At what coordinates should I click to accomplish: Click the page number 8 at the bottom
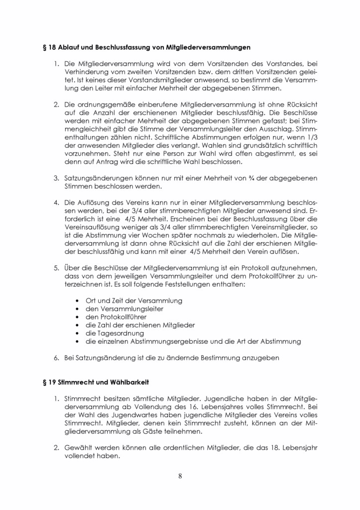(x=180, y=476)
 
